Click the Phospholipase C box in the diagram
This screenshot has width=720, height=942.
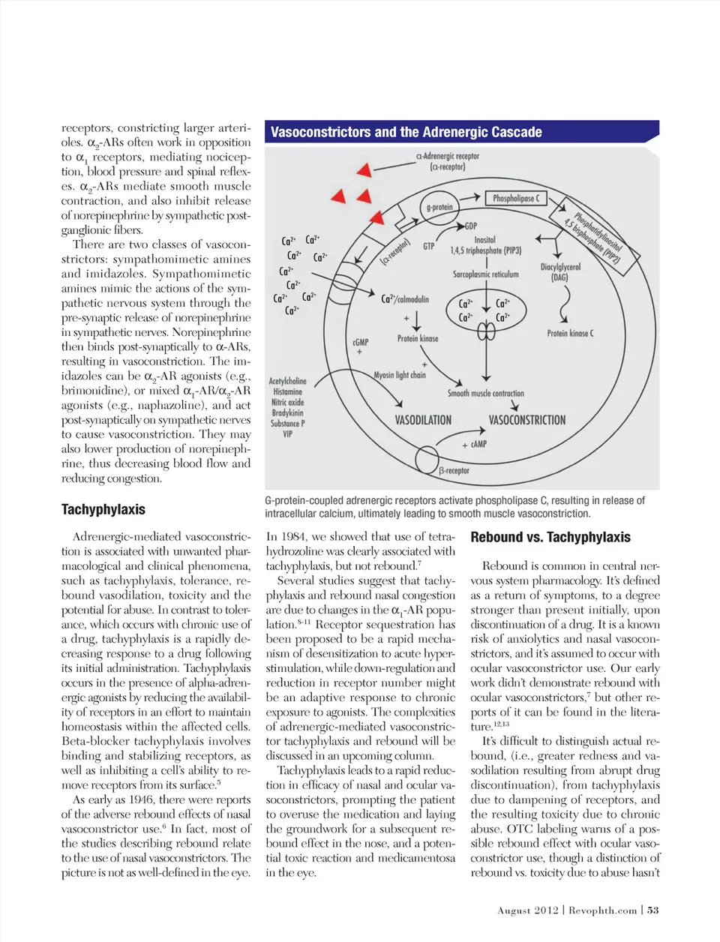[x=515, y=198]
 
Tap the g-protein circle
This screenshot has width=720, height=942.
[x=439, y=207]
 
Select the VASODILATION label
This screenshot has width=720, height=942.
[x=423, y=420]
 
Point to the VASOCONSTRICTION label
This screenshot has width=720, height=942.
[x=527, y=420]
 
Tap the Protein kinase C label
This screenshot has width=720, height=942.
[x=570, y=333]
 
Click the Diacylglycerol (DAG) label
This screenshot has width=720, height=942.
[x=560, y=271]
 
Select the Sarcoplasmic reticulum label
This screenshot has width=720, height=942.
[x=485, y=274]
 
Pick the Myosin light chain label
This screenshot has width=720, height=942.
[x=400, y=375]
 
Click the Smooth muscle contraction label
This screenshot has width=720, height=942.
[x=486, y=393]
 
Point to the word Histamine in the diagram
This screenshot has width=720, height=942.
[x=287, y=391]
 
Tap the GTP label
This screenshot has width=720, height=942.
[x=429, y=246]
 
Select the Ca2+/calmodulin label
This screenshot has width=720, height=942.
[x=405, y=299]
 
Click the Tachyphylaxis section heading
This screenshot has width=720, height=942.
[x=103, y=509]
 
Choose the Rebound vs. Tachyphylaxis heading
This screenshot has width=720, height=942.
[x=550, y=537]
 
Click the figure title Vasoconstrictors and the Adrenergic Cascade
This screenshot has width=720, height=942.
[x=406, y=132]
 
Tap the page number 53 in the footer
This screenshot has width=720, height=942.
[x=653, y=910]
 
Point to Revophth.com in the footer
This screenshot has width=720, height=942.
[x=602, y=910]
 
